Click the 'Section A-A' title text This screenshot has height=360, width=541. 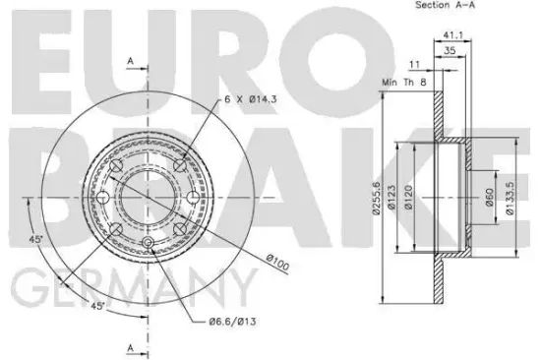tap(445, 5)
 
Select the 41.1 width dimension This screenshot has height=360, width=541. tap(452, 34)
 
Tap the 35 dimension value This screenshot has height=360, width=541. tap(450, 50)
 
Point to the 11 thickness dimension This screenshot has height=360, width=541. tap(414, 65)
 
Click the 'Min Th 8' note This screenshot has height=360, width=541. tap(404, 83)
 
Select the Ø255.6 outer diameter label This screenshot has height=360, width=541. tap(376, 198)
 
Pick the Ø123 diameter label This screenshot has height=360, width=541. tap(391, 198)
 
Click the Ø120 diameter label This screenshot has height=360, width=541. tap(408, 198)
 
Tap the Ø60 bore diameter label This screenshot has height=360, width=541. tap(490, 198)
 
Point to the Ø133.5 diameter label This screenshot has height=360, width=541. tap(510, 198)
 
